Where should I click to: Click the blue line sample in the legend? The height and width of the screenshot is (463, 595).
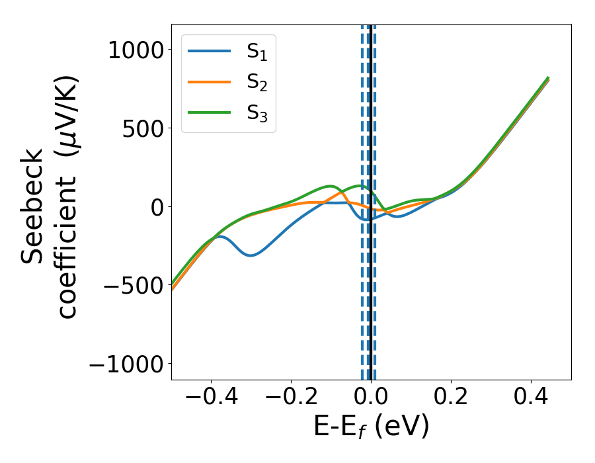pos(209,51)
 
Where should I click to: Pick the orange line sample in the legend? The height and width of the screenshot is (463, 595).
pos(209,81)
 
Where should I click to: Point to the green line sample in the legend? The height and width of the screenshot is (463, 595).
pos(209,112)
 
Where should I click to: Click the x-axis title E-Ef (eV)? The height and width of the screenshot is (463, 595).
pos(371,427)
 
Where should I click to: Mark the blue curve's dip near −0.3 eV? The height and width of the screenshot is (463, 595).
pos(251,255)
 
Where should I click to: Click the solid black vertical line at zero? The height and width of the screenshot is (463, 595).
pos(371,298)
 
